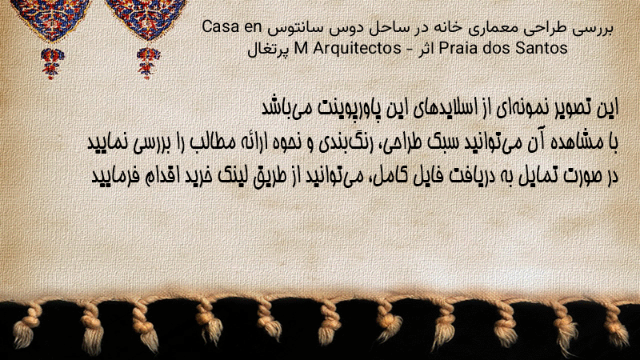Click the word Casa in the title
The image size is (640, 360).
pyautogui.click(x=221, y=27)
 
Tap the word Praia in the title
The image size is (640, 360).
pyautogui.click(x=458, y=48)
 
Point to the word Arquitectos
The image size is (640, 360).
pyautogui.click(x=357, y=48)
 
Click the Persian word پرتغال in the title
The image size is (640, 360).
pyautogui.click(x=268, y=50)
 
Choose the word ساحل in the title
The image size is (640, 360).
pyautogui.click(x=390, y=27)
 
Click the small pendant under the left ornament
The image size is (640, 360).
pyautogui.click(x=51, y=63)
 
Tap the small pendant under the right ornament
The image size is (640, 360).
pyautogui.click(x=148, y=63)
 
